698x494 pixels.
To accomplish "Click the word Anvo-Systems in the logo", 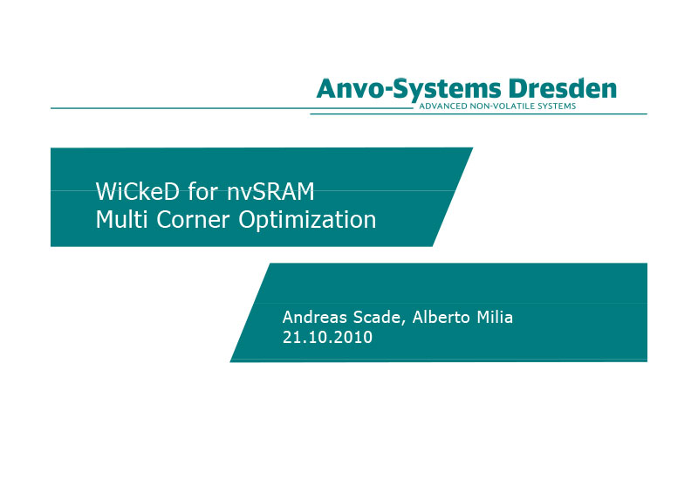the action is (408, 89).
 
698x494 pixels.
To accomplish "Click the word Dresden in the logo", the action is (563, 88).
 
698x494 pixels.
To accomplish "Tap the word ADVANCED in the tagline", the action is (443, 106).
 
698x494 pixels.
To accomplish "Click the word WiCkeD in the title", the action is (138, 191).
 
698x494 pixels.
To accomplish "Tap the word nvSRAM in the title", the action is (270, 191).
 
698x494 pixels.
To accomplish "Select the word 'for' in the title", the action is (203, 191).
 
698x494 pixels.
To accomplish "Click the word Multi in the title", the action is (121, 219).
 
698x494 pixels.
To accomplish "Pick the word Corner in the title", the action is (193, 220).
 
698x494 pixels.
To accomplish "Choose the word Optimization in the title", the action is (307, 220).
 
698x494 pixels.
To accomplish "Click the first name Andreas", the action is (314, 317).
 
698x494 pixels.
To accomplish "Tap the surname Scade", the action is (377, 317).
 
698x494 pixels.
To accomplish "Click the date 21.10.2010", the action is (328, 337).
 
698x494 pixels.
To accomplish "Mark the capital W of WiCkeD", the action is (105, 191).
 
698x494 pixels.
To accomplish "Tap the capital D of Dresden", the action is (517, 89).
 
